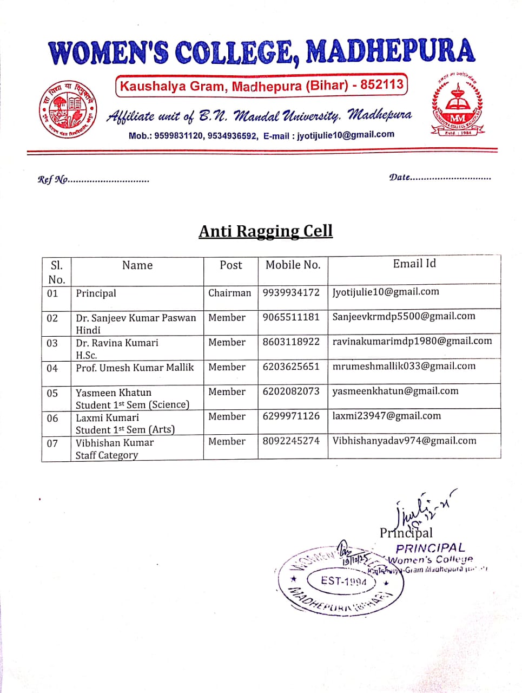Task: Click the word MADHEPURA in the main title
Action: pyautogui.click(x=391, y=51)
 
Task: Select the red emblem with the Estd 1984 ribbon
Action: pyautogui.click(x=458, y=105)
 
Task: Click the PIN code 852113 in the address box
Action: pyautogui.click(x=382, y=84)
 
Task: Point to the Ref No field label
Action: pyautogui.click(x=52, y=180)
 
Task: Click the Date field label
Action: pyautogui.click(x=400, y=177)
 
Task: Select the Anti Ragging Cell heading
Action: pyautogui.click(x=266, y=231)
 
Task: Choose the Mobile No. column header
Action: pyautogui.click(x=293, y=265)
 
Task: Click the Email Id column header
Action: pyautogui.click(x=414, y=264)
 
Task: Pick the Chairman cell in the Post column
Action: pyautogui.click(x=230, y=293)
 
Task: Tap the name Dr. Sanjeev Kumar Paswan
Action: pyautogui.click(x=136, y=318)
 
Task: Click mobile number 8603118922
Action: pyautogui.click(x=291, y=342)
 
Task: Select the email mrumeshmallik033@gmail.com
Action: pyautogui.click(x=404, y=366)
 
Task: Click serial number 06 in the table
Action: pyautogui.click(x=52, y=419)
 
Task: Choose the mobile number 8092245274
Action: pyautogui.click(x=291, y=441)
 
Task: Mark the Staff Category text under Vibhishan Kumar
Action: pyautogui.click(x=107, y=455)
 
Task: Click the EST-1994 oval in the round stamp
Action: pyautogui.click(x=343, y=581)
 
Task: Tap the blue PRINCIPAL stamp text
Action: pyautogui.click(x=430, y=548)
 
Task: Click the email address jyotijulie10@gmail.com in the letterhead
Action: pyautogui.click(x=345, y=135)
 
